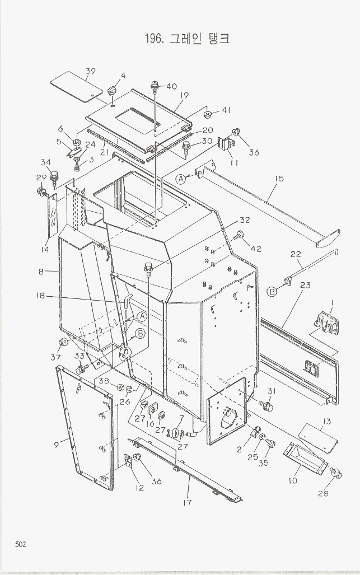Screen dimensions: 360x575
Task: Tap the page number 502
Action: coord(21,544)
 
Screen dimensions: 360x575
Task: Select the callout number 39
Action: coord(90,71)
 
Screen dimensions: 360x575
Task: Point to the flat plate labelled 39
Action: coord(76,87)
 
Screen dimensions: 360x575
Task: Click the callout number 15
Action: coord(279,179)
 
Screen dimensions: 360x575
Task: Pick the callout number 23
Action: coord(305,285)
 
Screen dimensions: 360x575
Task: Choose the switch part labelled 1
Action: coord(325,322)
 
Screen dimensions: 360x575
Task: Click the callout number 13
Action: coord(325,422)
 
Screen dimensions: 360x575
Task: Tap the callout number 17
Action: coord(188,502)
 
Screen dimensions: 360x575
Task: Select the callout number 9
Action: coord(56,445)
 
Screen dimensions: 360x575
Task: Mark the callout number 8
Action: coord(41,272)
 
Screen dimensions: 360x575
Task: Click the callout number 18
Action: coord(40,296)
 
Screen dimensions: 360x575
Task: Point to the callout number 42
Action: coord(256,249)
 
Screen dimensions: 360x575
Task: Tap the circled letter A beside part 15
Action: coord(181,179)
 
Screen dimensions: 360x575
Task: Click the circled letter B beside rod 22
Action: coord(272,292)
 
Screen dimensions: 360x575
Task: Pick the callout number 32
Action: coord(245,220)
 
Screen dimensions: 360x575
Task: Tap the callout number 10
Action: coord(293,480)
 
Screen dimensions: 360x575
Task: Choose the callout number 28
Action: coord(323,494)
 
